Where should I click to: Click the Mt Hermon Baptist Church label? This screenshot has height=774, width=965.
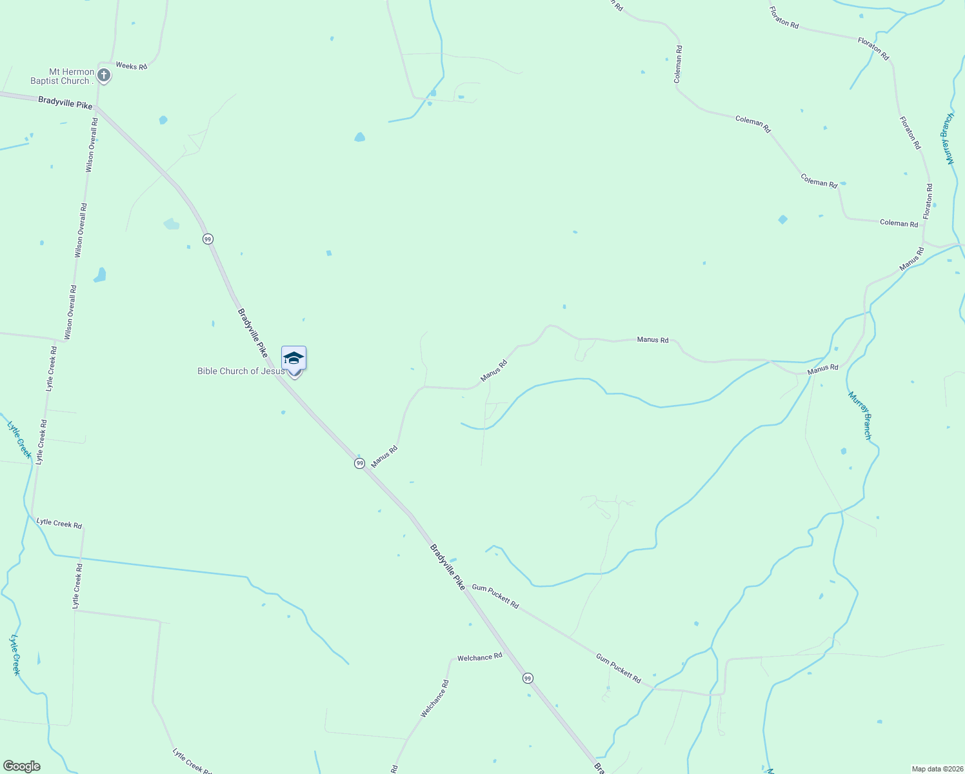coord(61,76)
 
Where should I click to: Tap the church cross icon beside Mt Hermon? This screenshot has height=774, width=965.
coord(103,76)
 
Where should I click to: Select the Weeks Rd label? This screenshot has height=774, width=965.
coord(132,66)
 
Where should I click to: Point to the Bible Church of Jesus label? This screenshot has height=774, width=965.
coord(241,371)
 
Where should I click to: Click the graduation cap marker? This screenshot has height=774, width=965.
coord(293,359)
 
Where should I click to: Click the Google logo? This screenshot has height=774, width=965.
coord(21,766)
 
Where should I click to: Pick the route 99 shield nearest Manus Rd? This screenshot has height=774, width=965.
coord(360,463)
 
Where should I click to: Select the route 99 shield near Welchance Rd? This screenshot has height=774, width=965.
coord(528,678)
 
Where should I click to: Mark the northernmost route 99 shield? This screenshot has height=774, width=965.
coord(207,239)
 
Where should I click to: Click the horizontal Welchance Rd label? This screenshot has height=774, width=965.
coord(479,657)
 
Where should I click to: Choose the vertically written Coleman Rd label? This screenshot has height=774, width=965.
coord(678,64)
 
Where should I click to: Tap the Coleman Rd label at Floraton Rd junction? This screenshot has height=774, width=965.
coord(899,223)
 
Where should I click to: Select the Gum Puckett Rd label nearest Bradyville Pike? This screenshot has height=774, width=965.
coord(495,596)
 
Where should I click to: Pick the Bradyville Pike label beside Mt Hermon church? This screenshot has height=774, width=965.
coord(65,102)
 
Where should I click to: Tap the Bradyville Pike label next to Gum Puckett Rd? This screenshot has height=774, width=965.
coord(447,567)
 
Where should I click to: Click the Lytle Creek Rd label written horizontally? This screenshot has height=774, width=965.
coord(59,523)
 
